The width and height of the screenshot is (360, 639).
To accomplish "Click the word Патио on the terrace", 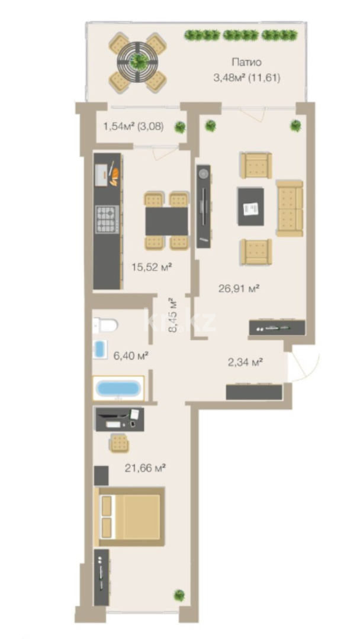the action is pos(246,62).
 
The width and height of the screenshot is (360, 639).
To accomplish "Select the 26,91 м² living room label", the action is pos(239,289).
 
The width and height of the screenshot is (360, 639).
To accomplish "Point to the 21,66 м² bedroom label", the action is pos(144,468).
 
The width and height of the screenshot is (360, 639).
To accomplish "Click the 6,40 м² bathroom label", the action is pos(130,356).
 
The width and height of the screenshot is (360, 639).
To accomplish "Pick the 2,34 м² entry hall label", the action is pos(245,362).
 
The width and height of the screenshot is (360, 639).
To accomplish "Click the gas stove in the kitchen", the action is pos(107,219).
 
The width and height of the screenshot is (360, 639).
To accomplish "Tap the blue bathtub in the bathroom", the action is pos(118,388).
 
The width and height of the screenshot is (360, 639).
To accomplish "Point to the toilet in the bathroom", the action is pos(106,325).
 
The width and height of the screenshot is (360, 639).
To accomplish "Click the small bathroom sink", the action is pos(100,349).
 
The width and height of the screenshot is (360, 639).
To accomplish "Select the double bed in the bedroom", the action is pos(130,517).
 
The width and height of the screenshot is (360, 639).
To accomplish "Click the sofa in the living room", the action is pos(290,208).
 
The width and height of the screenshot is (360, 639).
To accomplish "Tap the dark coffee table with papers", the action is pos(250,206).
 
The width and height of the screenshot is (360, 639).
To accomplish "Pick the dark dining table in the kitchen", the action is pos(167,221).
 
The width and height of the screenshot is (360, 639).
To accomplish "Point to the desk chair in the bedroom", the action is pos(120,442).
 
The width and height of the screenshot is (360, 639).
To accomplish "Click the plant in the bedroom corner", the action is pos(179,595).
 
